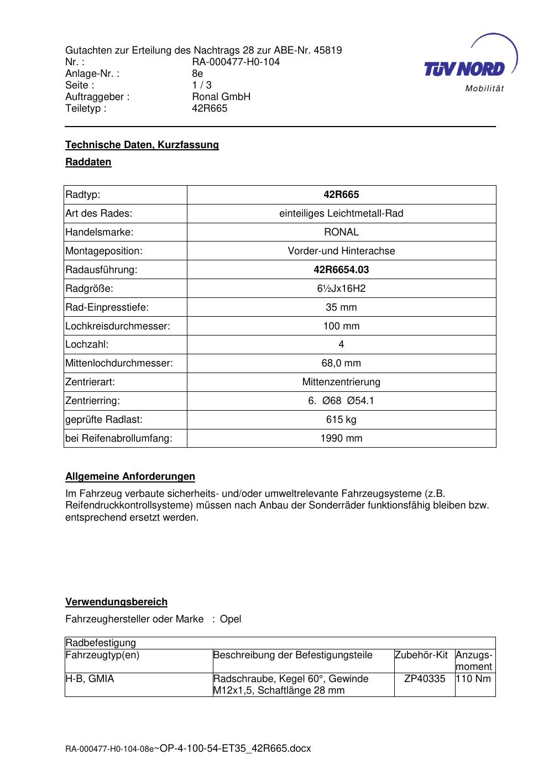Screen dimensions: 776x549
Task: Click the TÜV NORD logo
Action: point(464,69)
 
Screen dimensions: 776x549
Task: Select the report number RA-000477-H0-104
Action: point(236,62)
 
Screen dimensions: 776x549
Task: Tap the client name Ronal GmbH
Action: point(221,97)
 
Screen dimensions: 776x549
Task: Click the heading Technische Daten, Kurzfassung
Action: point(142,145)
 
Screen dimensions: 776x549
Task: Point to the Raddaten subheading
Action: point(88,162)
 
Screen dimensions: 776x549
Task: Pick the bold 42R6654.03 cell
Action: point(341,270)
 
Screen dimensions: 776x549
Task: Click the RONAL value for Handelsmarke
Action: point(341,232)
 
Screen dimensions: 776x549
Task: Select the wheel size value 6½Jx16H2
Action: point(341,289)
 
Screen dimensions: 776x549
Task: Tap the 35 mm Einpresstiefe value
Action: point(341,307)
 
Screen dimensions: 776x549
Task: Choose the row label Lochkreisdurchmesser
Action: point(118,326)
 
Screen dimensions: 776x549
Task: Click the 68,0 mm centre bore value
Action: point(341,363)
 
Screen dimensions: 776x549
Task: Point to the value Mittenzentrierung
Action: point(341,382)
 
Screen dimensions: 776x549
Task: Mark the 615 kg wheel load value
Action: point(341,420)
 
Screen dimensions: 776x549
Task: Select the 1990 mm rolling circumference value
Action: point(341,438)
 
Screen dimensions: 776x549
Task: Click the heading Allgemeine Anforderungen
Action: point(130,476)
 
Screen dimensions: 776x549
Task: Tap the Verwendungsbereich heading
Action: point(116,602)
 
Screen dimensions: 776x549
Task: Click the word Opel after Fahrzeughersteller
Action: point(231,619)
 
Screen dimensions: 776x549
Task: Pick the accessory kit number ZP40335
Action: point(425,679)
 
